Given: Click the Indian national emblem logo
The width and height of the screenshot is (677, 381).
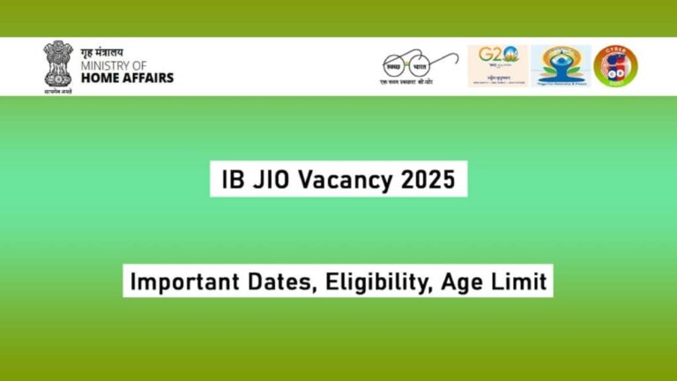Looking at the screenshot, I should (57, 63).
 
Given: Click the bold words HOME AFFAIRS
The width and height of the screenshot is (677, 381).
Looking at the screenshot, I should (127, 78).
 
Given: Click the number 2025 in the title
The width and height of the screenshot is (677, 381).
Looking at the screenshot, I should (427, 181).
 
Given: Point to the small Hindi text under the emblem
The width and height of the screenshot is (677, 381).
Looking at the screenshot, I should (57, 90).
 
